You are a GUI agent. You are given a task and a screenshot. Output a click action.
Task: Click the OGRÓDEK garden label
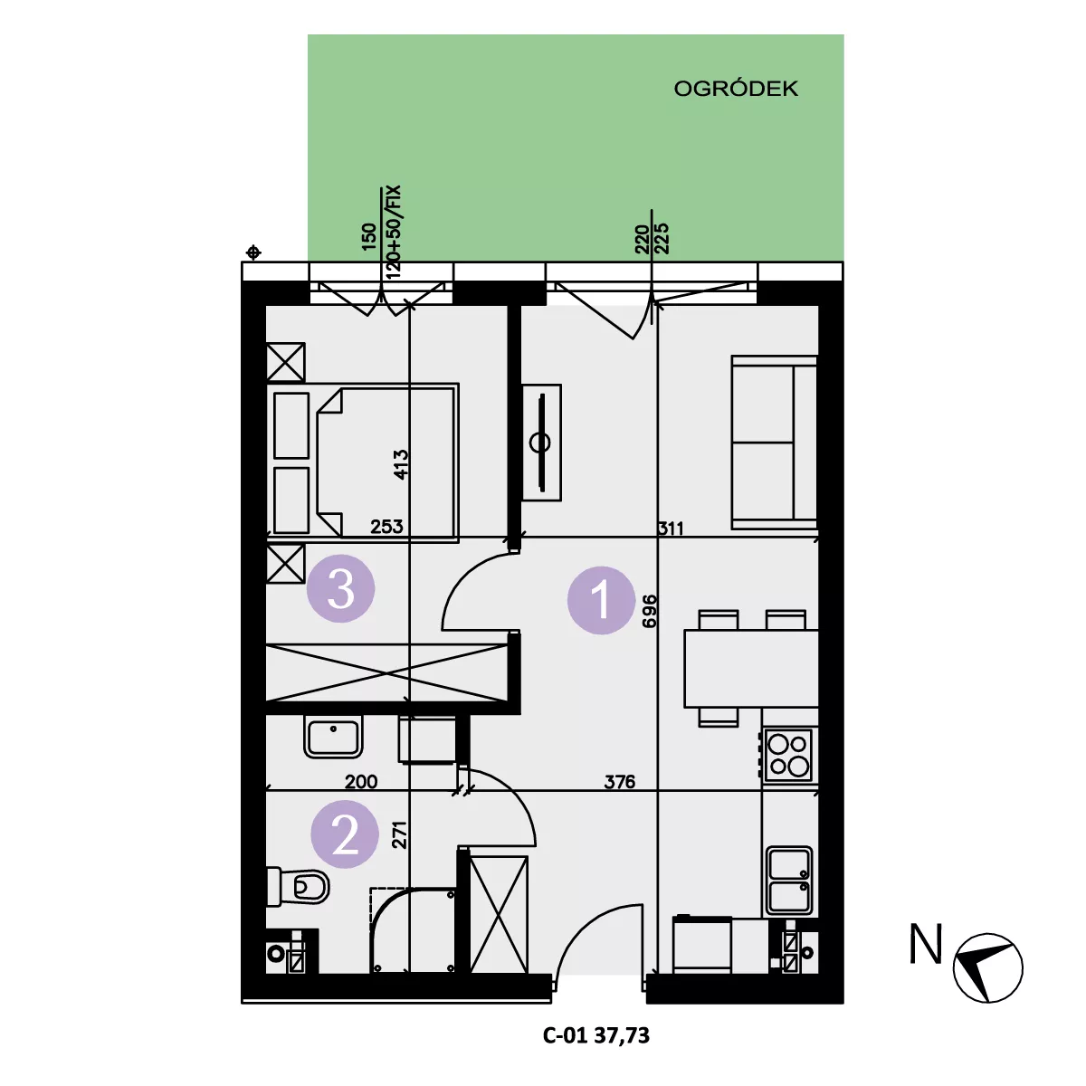(736, 89)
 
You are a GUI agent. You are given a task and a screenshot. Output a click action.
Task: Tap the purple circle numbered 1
(601, 600)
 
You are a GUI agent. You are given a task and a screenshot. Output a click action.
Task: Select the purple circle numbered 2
(345, 834)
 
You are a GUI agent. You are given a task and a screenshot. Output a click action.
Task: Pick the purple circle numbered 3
(341, 588)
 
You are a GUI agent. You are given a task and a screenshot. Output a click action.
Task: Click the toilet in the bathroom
(299, 887)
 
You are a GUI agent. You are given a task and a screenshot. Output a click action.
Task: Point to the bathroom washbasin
(334, 736)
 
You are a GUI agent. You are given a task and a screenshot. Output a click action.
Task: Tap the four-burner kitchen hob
(789, 755)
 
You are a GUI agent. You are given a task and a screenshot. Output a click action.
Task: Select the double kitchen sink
(788, 881)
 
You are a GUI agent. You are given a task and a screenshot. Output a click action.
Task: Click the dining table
(750, 669)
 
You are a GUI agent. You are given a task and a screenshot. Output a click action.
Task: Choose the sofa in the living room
(775, 443)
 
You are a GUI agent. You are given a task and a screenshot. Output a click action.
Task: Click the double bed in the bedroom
(364, 462)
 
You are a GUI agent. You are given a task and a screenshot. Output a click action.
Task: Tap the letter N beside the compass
(926, 944)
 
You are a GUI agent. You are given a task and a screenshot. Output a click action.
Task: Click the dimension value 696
(649, 611)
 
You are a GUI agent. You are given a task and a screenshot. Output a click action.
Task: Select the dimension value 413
(401, 464)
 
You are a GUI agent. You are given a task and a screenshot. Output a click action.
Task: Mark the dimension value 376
(619, 782)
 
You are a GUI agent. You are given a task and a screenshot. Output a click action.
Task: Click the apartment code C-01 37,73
(596, 1035)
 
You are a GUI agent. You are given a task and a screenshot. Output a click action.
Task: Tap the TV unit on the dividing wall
(541, 443)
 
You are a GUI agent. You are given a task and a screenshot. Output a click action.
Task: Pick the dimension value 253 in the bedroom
(386, 527)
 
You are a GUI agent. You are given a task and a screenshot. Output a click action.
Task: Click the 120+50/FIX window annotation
(394, 232)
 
